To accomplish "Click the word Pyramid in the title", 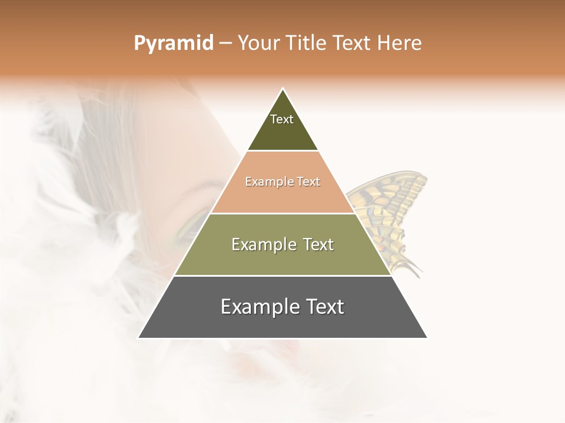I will [x=173, y=43].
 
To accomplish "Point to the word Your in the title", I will [x=258, y=43].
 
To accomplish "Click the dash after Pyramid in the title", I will [x=225, y=43].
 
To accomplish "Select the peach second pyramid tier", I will [x=282, y=197].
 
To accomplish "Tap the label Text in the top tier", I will [x=282, y=119].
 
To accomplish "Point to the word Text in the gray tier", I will [x=324, y=307].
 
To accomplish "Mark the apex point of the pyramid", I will [x=283, y=89].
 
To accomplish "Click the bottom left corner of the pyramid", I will [x=139, y=338].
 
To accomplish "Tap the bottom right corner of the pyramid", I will [x=427, y=338].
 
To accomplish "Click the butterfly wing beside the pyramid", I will [x=391, y=206].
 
